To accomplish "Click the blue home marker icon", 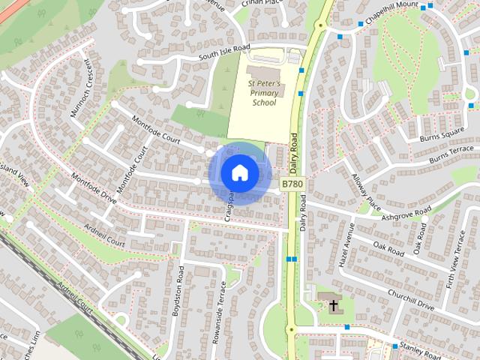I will [x=239, y=172].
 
